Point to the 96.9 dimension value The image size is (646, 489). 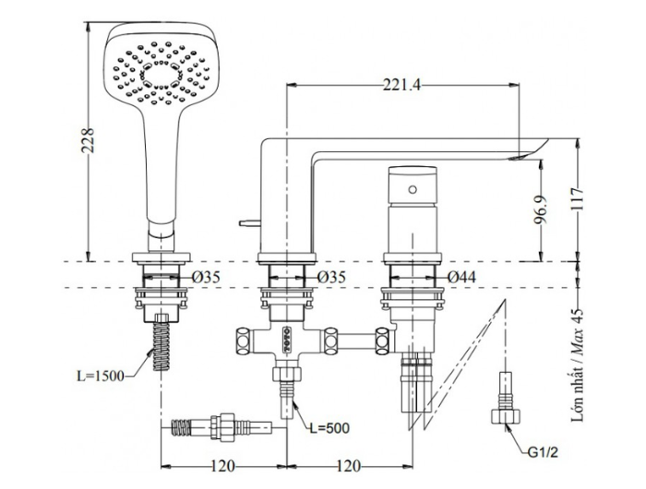tap(552, 211)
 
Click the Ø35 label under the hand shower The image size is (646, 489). tap(207, 277)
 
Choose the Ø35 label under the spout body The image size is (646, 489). tap(329, 277)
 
